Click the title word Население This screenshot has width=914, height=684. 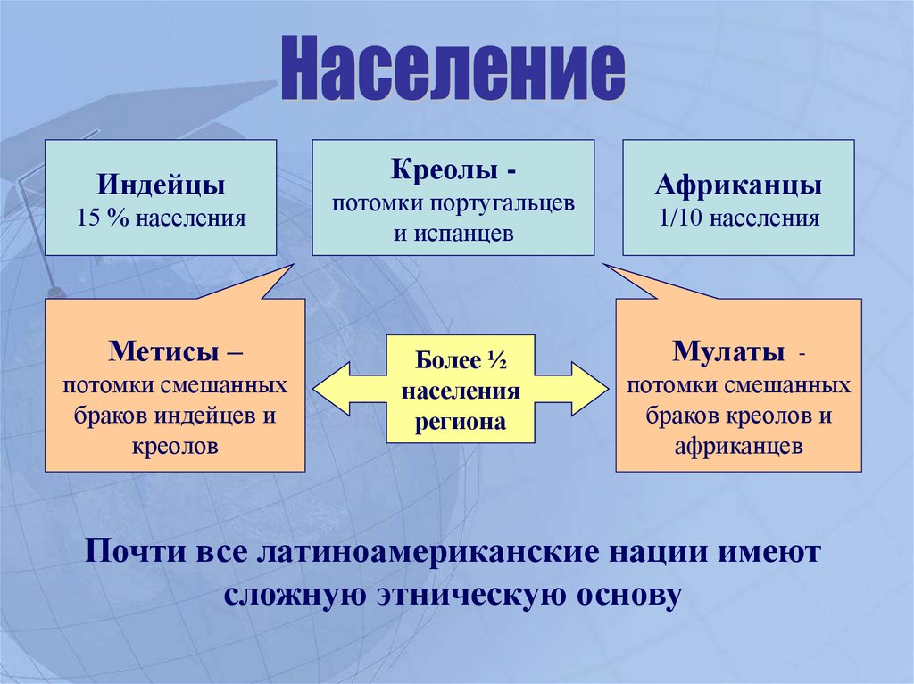(x=453, y=70)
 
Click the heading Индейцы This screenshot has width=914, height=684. (x=161, y=186)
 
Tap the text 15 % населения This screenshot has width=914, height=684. (x=161, y=217)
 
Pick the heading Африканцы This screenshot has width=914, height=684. (x=738, y=186)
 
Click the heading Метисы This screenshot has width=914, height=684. (x=166, y=350)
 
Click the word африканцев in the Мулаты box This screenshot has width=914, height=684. (x=738, y=445)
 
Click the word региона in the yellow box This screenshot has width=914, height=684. (x=460, y=422)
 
